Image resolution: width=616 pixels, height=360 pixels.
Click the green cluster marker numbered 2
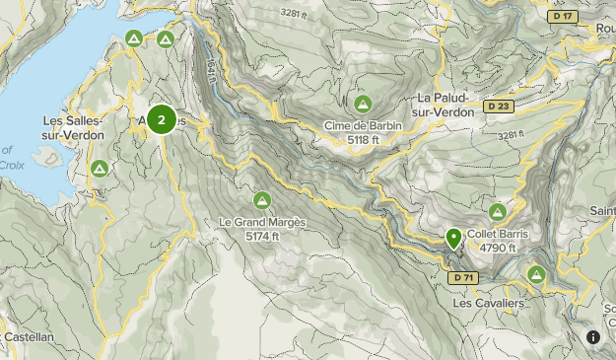click(162, 120)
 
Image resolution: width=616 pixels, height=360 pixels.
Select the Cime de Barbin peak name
click(362, 126)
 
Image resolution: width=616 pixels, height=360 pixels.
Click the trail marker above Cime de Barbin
click(362, 104)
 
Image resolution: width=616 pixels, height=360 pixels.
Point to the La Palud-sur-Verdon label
click(445, 105)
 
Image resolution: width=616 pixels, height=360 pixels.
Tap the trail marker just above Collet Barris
click(498, 213)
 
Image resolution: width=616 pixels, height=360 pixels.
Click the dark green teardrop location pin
click(453, 238)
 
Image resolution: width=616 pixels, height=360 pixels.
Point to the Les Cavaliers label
click(488, 303)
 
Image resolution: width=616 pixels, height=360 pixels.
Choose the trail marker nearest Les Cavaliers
click(537, 274)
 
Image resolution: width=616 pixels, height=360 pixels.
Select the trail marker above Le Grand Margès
click(262, 200)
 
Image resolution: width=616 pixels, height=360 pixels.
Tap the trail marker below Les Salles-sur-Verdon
click(100, 169)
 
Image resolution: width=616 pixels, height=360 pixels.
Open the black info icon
click(593, 337)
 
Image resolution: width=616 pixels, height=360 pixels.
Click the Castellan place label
click(27, 336)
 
